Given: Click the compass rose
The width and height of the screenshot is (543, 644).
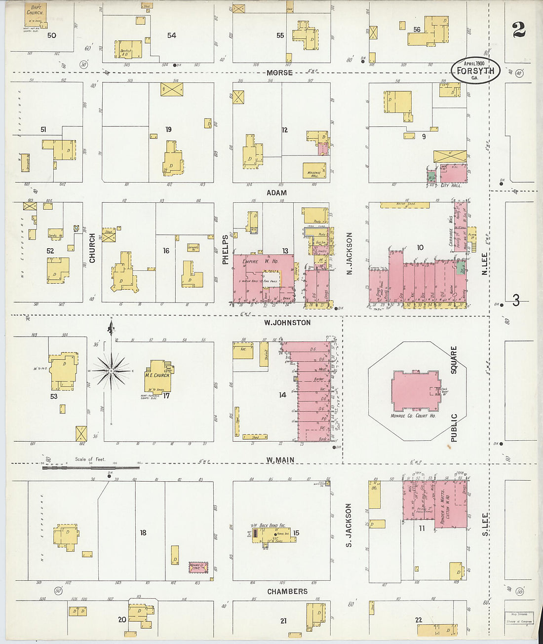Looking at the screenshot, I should tap(112, 370).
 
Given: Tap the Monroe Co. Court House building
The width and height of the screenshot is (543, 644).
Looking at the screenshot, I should tap(416, 390).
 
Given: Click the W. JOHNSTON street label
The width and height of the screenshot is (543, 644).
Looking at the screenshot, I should tap(287, 323).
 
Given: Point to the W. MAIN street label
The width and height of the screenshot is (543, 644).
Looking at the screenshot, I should tap(280, 460).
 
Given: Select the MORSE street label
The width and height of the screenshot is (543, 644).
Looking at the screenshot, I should tap(279, 73).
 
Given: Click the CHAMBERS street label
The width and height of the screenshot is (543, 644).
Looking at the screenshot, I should tap(287, 591).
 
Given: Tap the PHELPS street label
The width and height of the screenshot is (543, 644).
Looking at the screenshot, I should tap(226, 249).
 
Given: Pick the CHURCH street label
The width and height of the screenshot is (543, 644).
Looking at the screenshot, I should tap(92, 248).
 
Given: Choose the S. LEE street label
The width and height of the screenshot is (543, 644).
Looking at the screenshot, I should tap(485, 524).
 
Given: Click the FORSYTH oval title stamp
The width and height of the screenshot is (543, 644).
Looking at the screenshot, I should tap(475, 71).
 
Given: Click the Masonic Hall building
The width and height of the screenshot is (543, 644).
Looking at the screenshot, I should tap(314, 170).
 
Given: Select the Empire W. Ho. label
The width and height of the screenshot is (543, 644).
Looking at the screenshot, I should tap(260, 261).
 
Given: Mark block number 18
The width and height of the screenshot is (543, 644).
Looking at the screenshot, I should tap(143, 532).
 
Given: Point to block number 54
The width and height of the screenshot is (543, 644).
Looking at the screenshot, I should tap(171, 35).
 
